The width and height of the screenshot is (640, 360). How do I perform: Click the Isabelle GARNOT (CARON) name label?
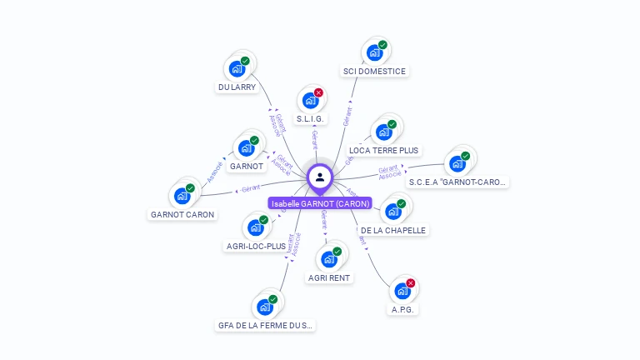click(320, 203)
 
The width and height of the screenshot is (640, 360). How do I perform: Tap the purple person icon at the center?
click(320, 177)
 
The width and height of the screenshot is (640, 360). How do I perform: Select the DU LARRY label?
click(237, 87)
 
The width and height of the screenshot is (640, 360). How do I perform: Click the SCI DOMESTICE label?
click(374, 72)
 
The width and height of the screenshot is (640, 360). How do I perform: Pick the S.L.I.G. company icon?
click(310, 101)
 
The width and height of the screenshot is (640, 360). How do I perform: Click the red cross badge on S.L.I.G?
click(318, 92)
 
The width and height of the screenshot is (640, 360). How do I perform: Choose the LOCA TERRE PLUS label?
click(384, 151)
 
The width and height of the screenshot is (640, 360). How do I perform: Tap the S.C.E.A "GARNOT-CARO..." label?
click(458, 182)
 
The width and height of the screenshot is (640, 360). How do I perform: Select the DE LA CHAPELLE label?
click(393, 230)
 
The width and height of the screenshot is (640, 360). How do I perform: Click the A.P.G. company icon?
click(402, 292)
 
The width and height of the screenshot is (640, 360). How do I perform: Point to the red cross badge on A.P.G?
click(411, 283)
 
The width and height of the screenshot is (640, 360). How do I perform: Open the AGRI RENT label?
click(329, 277)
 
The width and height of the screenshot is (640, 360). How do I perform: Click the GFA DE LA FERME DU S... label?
click(266, 326)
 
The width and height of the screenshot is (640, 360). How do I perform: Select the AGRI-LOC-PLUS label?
click(256, 246)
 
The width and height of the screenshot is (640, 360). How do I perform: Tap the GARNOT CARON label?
click(182, 214)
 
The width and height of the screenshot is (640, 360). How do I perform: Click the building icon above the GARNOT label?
click(246, 148)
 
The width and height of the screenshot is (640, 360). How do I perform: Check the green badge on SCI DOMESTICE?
click(382, 45)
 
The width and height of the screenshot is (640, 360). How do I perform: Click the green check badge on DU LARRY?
click(246, 61)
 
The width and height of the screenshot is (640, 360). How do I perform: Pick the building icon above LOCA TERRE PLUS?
click(383, 132)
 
